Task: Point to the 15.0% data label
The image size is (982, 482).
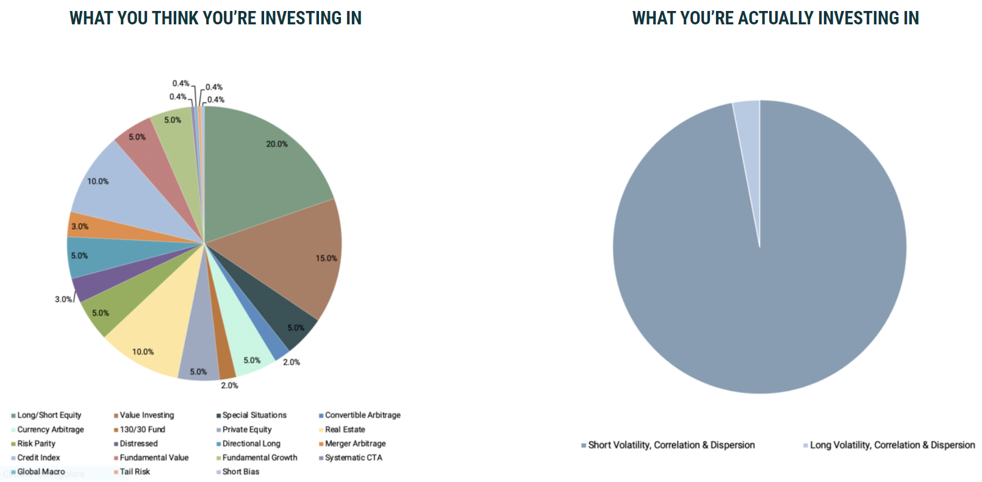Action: (x=326, y=258)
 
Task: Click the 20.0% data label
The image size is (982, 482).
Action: (x=277, y=144)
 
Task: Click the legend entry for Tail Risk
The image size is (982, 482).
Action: (x=134, y=472)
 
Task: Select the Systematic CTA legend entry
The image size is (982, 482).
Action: (x=353, y=458)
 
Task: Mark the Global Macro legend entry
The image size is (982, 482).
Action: (x=41, y=472)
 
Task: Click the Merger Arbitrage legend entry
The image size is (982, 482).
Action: (x=355, y=444)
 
